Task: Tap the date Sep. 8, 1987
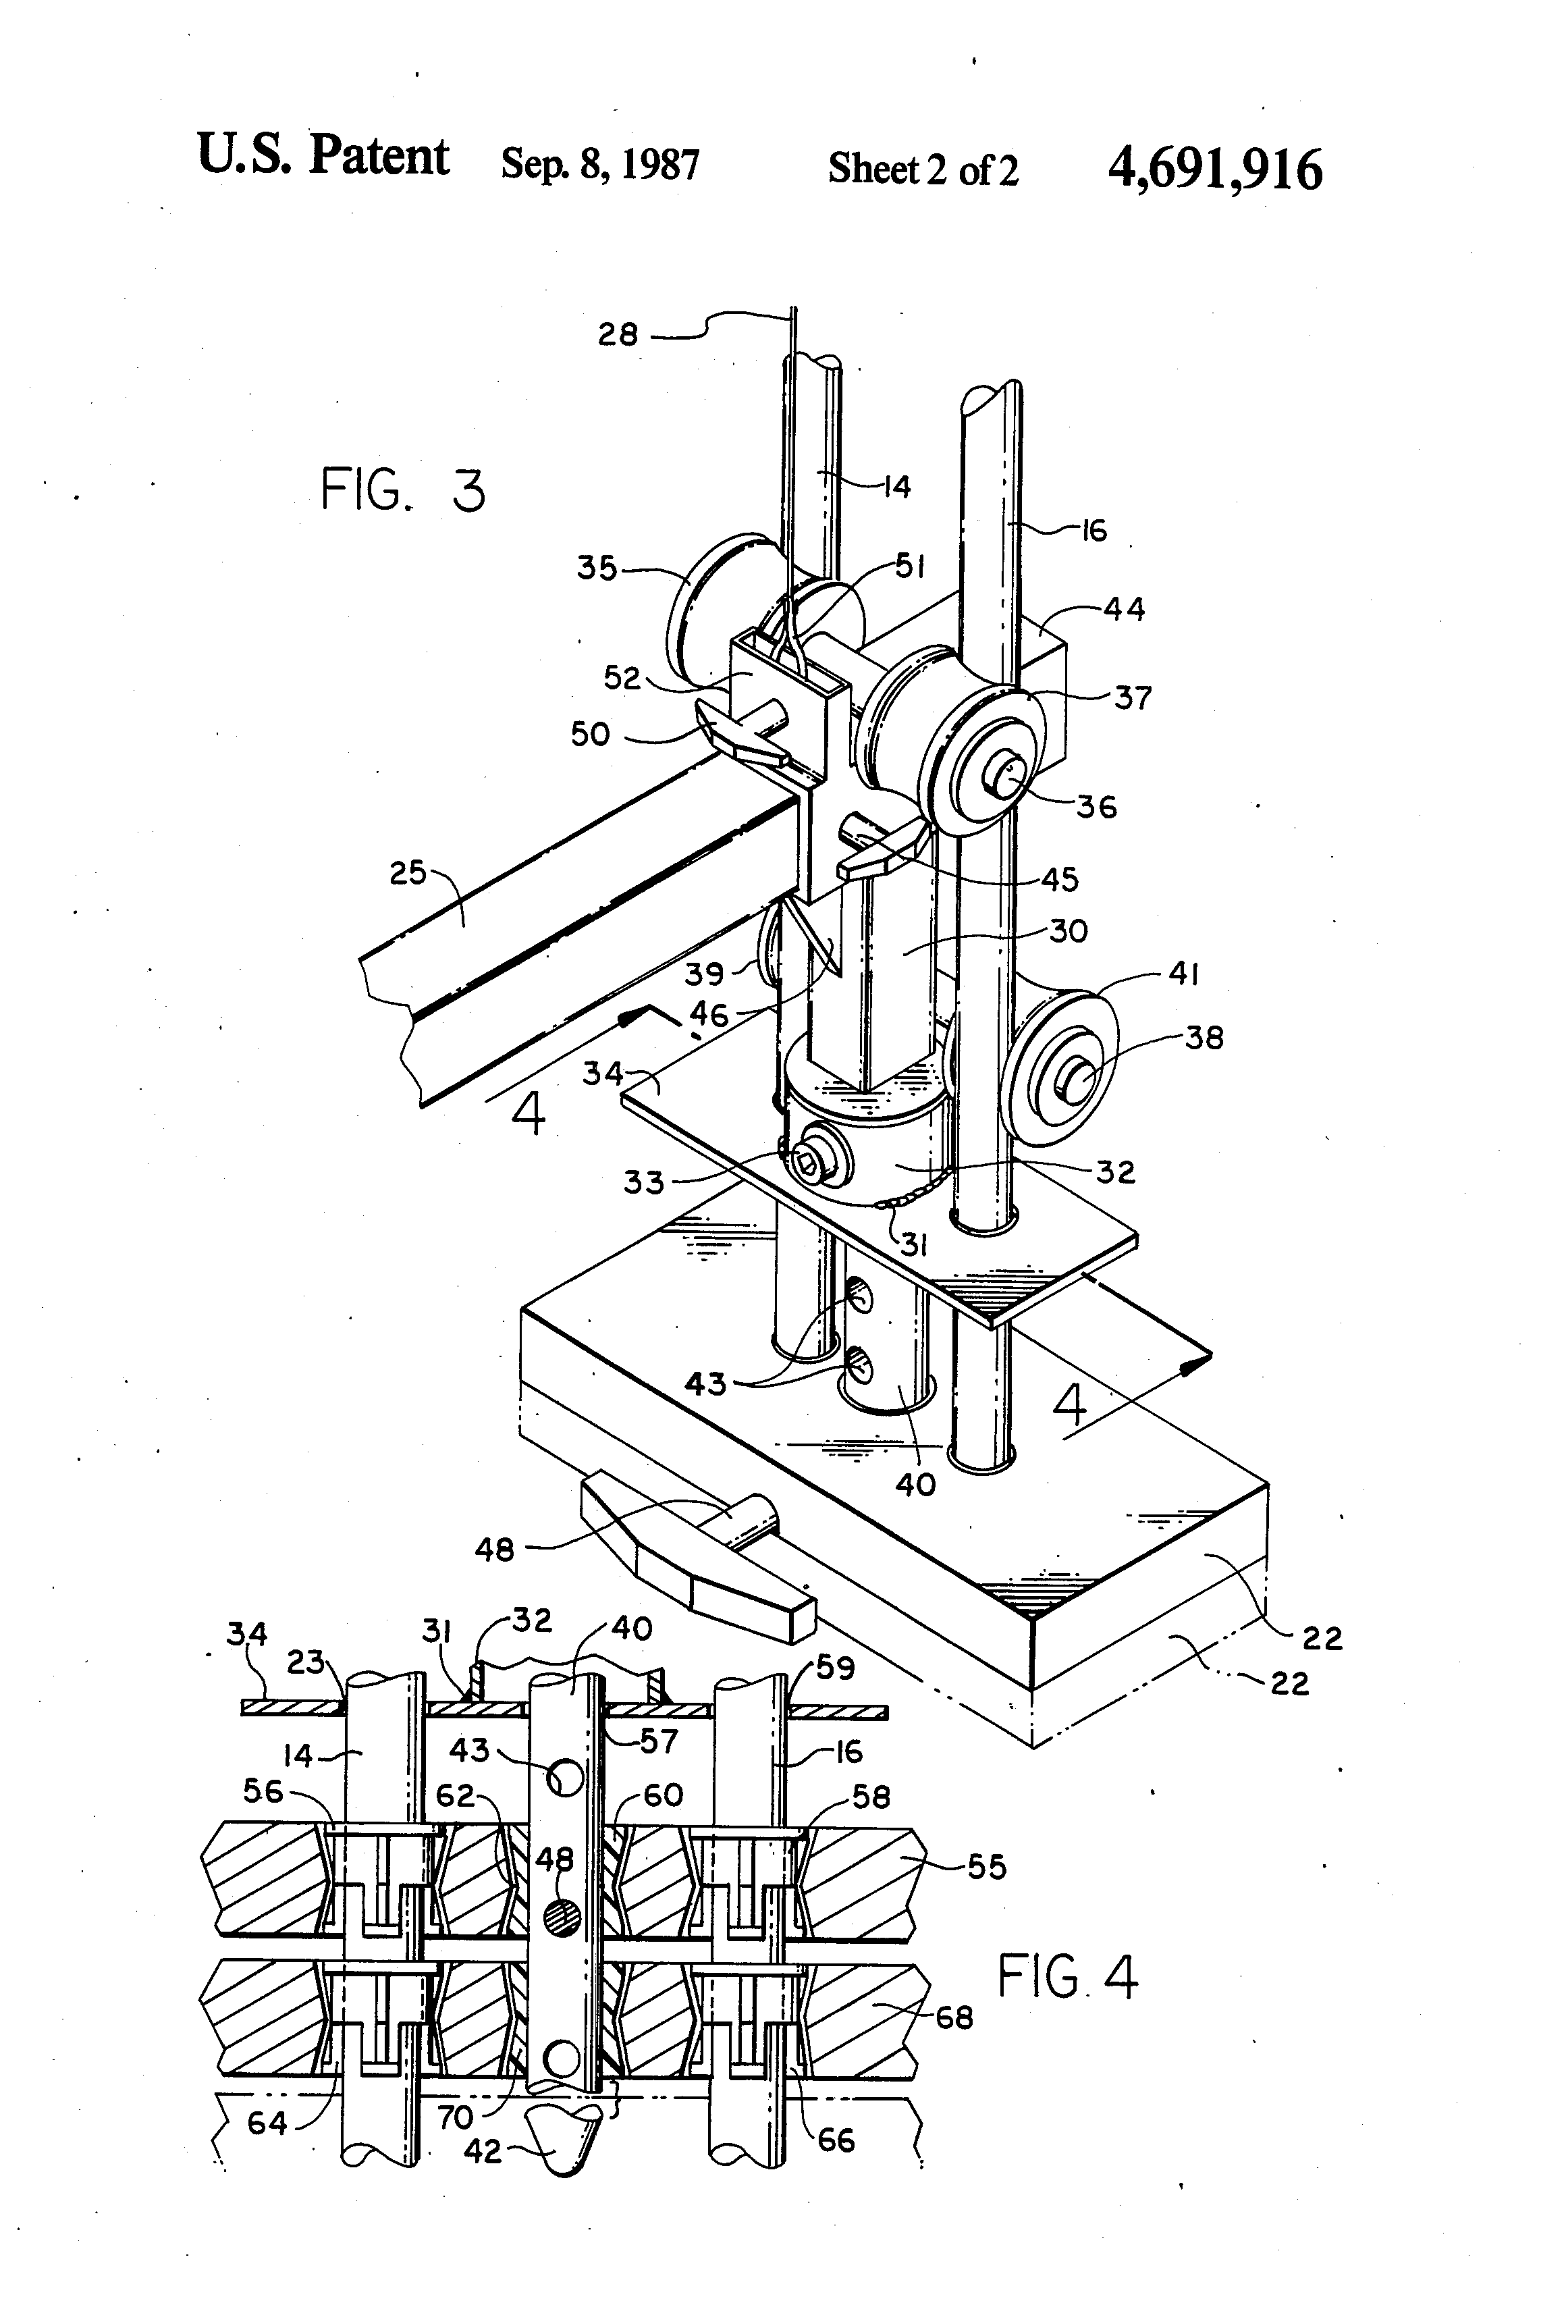coord(600,164)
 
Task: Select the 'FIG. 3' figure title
coord(404,491)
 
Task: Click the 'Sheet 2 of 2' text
coord(923,169)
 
